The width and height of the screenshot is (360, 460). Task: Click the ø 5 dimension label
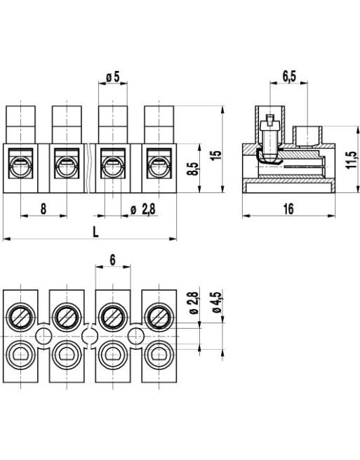coord(113,77)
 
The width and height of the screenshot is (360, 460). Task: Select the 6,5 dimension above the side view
coord(288,75)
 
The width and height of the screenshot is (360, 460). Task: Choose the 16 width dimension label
coord(288,208)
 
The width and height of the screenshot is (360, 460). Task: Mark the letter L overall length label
coord(95,232)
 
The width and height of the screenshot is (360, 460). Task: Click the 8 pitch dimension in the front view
coord(44,208)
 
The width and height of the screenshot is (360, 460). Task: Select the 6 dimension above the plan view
coord(112,259)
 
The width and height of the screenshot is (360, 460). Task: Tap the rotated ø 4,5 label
coord(219,302)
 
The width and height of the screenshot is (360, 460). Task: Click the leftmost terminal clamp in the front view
coord(21,167)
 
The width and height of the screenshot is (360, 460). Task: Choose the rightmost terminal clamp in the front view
coord(158,167)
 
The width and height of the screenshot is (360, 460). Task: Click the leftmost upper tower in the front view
coord(21,124)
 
